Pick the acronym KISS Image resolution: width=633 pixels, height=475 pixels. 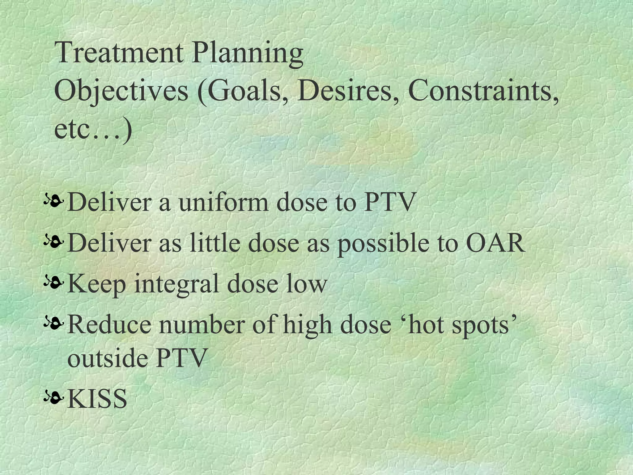[x=97, y=399]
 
